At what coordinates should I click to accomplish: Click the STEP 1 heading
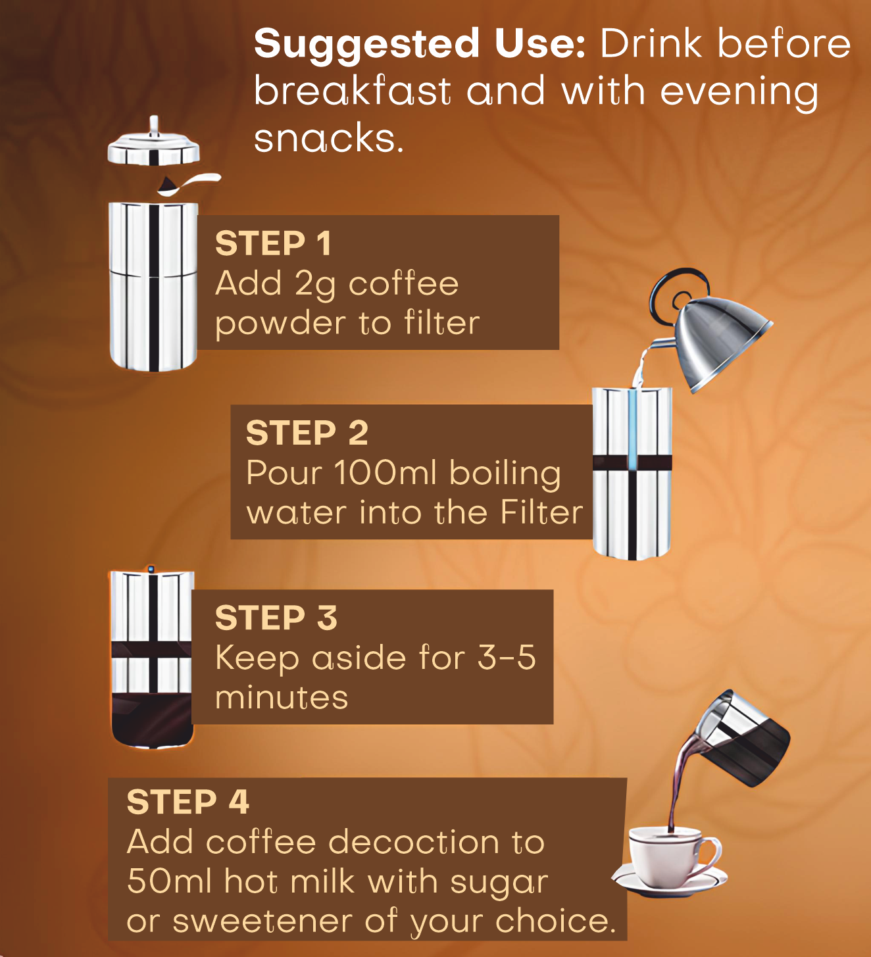(273, 244)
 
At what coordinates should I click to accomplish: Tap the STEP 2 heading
(307, 433)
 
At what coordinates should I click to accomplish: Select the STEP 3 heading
(276, 618)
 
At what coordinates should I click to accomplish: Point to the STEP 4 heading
(187, 802)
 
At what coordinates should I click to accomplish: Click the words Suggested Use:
(419, 44)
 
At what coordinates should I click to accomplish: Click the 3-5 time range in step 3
(506, 658)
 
